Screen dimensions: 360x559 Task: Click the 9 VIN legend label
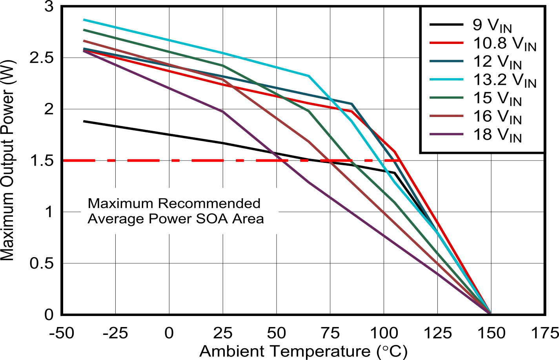[492, 26]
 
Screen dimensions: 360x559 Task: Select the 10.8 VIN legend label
[504, 44]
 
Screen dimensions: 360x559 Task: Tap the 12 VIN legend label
[497, 62]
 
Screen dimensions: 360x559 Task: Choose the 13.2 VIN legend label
[504, 80]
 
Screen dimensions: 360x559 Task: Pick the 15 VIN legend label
[497, 98]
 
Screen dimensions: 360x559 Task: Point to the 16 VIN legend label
[497, 117]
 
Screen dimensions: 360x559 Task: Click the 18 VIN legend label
[497, 135]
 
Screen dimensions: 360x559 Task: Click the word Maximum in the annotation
[120, 203]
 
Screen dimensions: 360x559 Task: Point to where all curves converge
[490, 312]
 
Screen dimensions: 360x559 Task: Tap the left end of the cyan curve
[84, 20]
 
